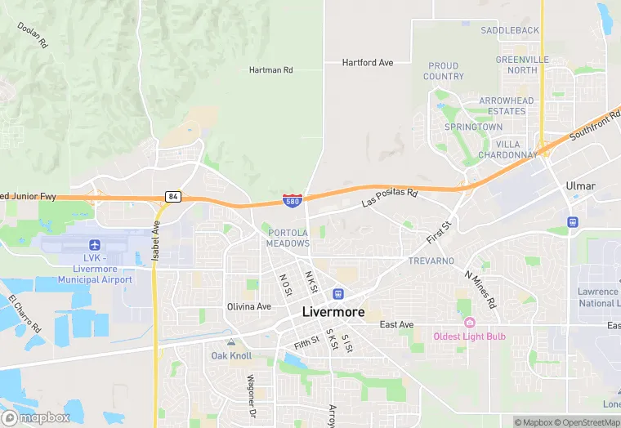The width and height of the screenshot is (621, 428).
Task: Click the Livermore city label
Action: click(x=334, y=311)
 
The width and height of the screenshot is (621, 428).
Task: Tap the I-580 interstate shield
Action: click(x=292, y=198)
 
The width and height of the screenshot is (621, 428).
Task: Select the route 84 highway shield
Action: click(x=172, y=197)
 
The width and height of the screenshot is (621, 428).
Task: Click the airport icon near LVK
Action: click(x=95, y=245)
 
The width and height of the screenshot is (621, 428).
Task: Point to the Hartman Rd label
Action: click(x=270, y=70)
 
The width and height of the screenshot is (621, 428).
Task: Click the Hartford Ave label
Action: click(x=367, y=62)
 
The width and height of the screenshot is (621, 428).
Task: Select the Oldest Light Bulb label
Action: click(x=469, y=337)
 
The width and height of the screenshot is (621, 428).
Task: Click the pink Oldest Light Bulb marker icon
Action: click(x=469, y=322)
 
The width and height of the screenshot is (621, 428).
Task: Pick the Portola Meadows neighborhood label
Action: click(x=288, y=238)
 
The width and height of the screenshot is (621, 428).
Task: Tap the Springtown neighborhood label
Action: click(x=473, y=127)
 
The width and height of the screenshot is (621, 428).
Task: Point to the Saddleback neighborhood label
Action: click(x=510, y=30)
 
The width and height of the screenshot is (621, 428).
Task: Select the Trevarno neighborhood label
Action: click(x=431, y=261)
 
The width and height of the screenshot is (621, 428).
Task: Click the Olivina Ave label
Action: click(x=248, y=306)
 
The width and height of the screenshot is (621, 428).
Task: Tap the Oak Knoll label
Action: click(x=231, y=355)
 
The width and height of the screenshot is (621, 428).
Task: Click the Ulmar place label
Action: click(x=580, y=186)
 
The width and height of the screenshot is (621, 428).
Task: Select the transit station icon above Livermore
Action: click(x=337, y=293)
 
